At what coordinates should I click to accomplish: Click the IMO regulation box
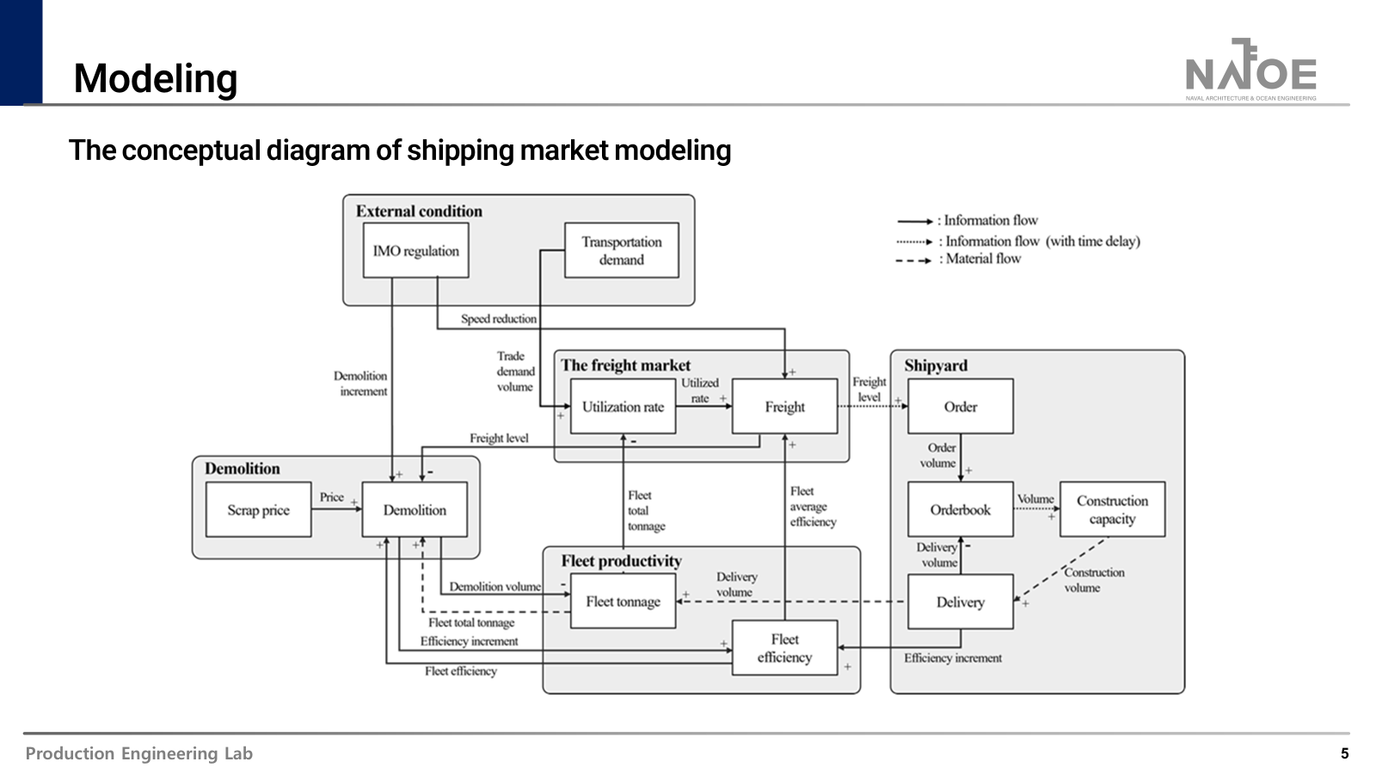pyautogui.click(x=415, y=250)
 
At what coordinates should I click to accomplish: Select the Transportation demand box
pyautogui.click(x=621, y=250)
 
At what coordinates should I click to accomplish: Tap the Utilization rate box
pyautogui.click(x=623, y=407)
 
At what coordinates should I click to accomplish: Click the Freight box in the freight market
pyautogui.click(x=784, y=407)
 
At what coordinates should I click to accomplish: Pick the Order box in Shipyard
pyautogui.click(x=960, y=407)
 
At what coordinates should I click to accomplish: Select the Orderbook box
pyautogui.click(x=960, y=510)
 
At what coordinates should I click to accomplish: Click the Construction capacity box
pyautogui.click(x=1112, y=510)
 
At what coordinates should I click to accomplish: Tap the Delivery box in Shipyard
pyautogui.click(x=960, y=602)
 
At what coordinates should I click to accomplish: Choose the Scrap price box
pyautogui.click(x=258, y=510)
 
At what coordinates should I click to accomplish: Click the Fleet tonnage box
pyautogui.click(x=623, y=602)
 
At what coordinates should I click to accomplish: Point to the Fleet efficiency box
pyautogui.click(x=784, y=648)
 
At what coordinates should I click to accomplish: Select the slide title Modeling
pyautogui.click(x=156, y=78)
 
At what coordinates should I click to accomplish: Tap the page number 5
pyautogui.click(x=1344, y=753)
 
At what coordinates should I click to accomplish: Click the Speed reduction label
pyautogui.click(x=499, y=319)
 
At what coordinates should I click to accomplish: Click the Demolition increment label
pyautogui.click(x=361, y=384)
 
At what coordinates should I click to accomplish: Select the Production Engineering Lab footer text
pyautogui.click(x=139, y=753)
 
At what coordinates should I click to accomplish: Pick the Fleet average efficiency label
pyautogui.click(x=812, y=507)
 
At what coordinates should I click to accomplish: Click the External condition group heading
pyautogui.click(x=419, y=212)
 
